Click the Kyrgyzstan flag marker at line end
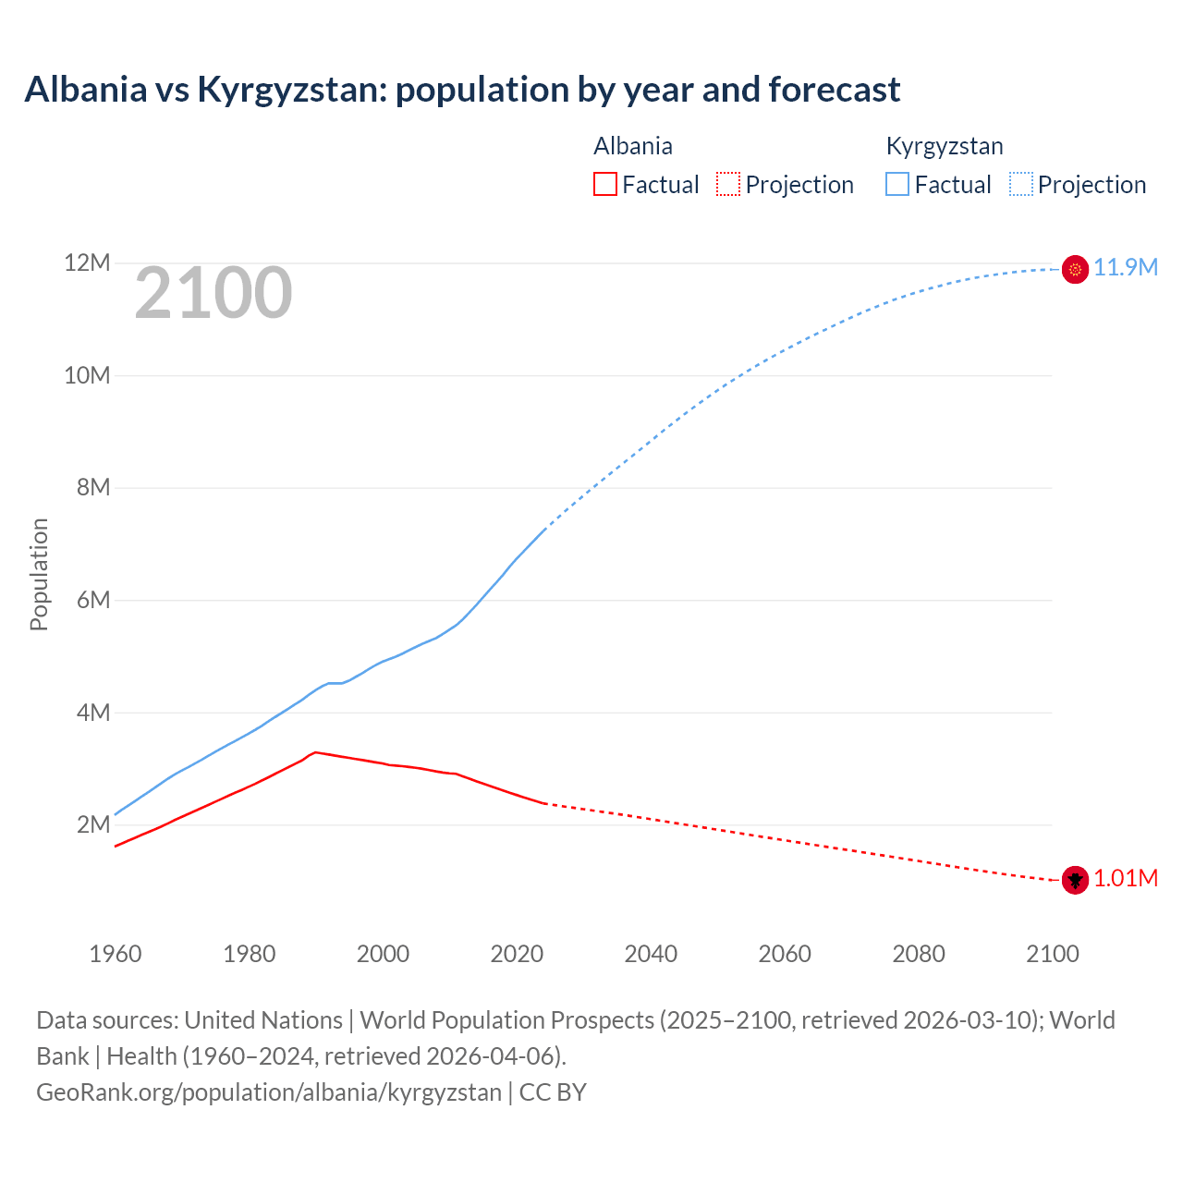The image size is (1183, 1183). click(1075, 269)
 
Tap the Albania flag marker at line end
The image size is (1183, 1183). click(1075, 880)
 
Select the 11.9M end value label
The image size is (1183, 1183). click(1126, 268)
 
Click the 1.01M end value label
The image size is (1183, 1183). click(1126, 879)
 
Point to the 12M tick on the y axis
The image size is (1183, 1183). click(87, 263)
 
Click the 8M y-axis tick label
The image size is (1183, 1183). click(93, 488)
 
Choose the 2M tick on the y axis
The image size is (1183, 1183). click(93, 825)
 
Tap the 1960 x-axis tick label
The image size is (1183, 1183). click(116, 954)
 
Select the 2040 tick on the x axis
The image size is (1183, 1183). click(651, 954)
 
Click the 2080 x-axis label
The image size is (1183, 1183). click(919, 954)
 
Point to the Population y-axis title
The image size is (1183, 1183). click(39, 574)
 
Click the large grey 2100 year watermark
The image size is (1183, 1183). click(213, 294)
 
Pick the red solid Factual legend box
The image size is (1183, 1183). click(605, 185)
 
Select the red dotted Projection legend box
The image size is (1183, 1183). click(728, 185)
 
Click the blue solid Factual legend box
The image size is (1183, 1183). click(897, 185)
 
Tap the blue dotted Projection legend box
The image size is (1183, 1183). click(1020, 185)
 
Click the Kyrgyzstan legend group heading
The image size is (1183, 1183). click(945, 146)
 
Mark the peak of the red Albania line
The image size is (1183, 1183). click(315, 752)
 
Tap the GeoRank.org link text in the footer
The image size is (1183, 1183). click(268, 1092)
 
